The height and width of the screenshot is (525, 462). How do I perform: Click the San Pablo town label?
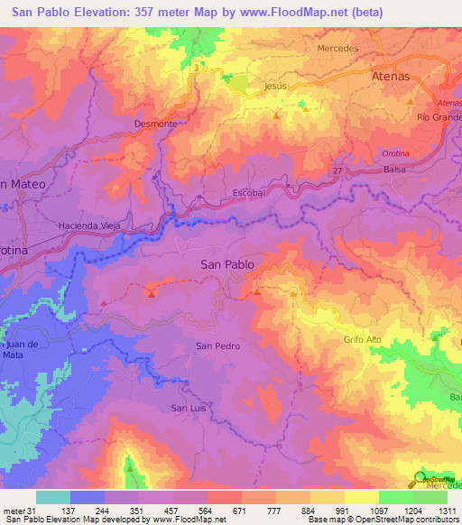[x=226, y=264]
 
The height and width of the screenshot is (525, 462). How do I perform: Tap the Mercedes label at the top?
[x=338, y=48]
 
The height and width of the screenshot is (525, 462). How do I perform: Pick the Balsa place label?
[x=394, y=170]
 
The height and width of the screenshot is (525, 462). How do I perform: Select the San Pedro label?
[x=218, y=346]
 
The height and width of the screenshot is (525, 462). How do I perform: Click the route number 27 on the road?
[x=337, y=170]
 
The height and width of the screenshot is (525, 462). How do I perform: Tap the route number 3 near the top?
[x=195, y=67]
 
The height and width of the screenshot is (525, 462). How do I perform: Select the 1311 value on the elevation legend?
[x=447, y=510]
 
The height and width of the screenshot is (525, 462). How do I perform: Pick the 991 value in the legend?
[x=344, y=510]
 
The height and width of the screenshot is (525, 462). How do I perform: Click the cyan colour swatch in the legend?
[x=53, y=497]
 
